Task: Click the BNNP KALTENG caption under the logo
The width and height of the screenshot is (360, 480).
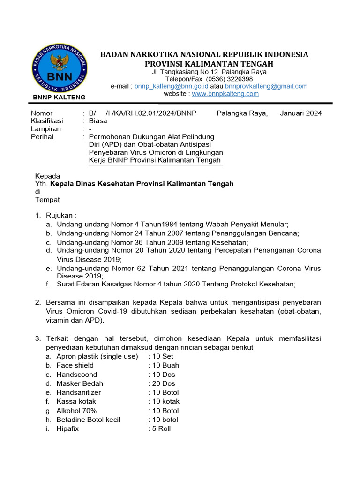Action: pyautogui.click(x=59, y=97)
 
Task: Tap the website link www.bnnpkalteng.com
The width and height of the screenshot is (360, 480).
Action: pyautogui.click(x=225, y=94)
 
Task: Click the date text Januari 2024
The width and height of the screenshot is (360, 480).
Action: pyautogui.click(x=301, y=113)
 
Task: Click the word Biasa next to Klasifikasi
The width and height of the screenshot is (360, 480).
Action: pyautogui.click(x=98, y=121)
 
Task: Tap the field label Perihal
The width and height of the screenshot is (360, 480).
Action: pyautogui.click(x=42, y=137)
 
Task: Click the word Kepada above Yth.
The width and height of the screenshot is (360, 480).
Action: pyautogui.click(x=48, y=176)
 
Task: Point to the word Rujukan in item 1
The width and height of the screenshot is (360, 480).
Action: pyautogui.click(x=59, y=216)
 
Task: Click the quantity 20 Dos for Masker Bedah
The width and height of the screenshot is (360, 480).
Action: pyautogui.click(x=164, y=383)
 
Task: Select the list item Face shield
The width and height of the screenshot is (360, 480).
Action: pyautogui.click(x=75, y=365)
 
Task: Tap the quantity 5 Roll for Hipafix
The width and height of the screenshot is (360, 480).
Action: pyautogui.click(x=161, y=428)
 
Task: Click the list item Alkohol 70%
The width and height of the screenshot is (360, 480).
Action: pyautogui.click(x=76, y=411)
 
